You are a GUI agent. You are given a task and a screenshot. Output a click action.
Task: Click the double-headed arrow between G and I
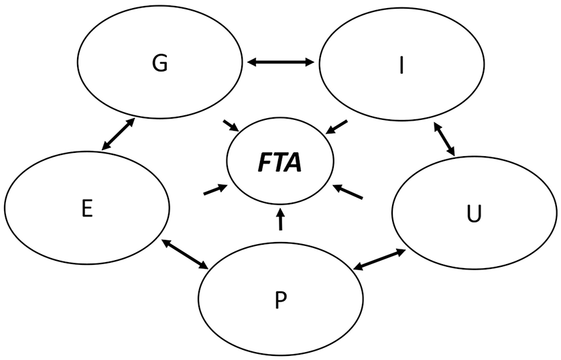tap(280, 62)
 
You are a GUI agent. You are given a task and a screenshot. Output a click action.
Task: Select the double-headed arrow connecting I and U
tap(445, 139)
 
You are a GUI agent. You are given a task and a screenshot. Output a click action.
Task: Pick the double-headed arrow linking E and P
tap(185, 254)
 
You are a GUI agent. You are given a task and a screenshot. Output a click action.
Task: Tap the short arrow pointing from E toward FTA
tap(212, 191)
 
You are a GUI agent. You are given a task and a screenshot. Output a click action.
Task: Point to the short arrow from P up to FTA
tap(281, 219)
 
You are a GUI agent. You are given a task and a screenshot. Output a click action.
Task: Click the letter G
tap(160, 64)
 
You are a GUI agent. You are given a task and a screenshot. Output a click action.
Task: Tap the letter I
tap(401, 68)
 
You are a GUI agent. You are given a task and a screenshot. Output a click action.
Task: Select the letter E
tap(86, 208)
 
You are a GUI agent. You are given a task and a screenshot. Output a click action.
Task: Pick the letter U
tap(474, 216)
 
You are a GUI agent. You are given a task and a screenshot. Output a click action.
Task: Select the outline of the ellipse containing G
tap(160, 15)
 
